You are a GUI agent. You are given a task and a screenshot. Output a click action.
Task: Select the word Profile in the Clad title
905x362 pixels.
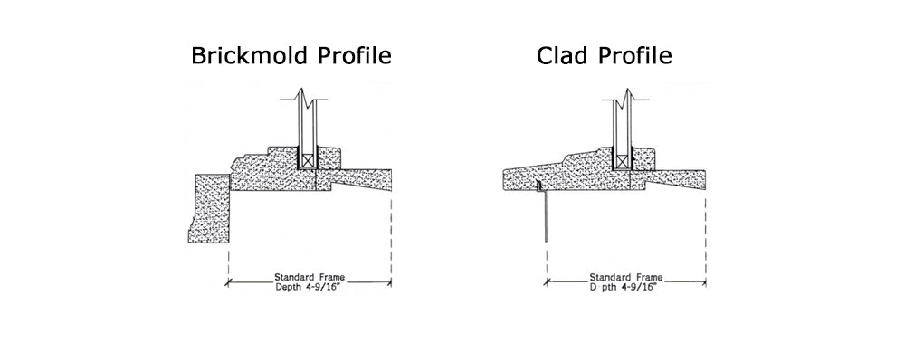[x=633, y=56]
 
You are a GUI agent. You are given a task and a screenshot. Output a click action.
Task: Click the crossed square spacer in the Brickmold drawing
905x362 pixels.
[x=308, y=159]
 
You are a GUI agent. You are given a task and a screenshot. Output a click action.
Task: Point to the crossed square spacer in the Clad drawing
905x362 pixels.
[x=622, y=159]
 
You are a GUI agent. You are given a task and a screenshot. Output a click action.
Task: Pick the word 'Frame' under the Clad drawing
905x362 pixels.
[x=647, y=277]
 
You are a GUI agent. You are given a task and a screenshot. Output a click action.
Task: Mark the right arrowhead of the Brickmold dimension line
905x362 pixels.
[x=388, y=282]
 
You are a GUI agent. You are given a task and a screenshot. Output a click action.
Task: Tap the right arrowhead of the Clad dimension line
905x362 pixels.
[x=703, y=282]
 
